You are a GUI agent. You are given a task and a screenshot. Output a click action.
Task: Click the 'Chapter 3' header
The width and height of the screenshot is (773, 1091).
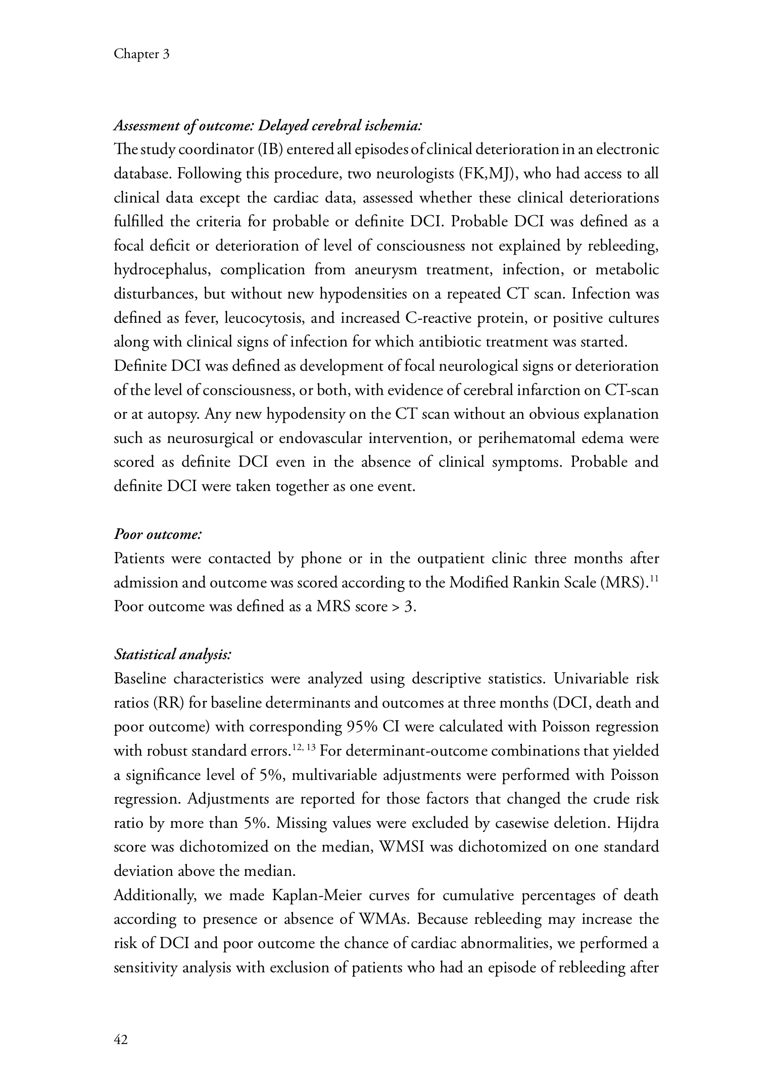click(141, 54)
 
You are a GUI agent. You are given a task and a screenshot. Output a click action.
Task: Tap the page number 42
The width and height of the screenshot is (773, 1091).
click(121, 1039)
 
